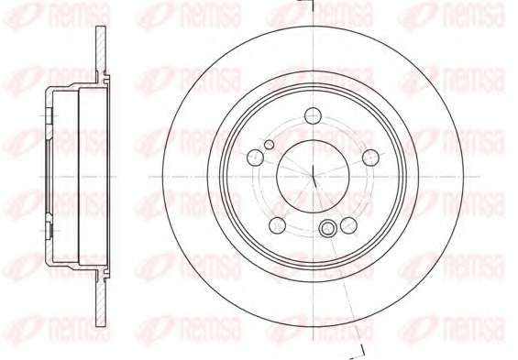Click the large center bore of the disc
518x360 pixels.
tap(313, 176)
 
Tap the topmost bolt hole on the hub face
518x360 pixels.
tap(313, 115)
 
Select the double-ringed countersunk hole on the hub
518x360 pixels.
tap(327, 227)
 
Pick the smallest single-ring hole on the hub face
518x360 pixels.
tap(270, 145)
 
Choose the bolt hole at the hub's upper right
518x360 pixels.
tap(370, 158)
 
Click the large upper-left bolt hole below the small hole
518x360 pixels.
tap(256, 158)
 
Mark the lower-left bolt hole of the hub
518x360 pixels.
tap(278, 225)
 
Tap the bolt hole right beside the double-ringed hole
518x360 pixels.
tap(348, 225)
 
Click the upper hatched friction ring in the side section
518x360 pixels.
tap(101, 53)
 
